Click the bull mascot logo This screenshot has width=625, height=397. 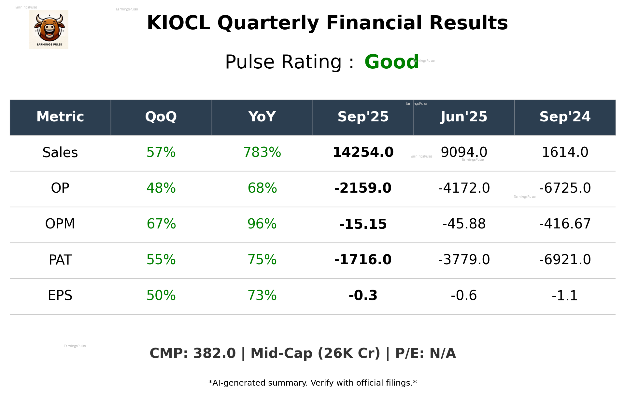49,29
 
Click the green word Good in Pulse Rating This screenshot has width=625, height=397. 391,62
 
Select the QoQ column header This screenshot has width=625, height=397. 161,117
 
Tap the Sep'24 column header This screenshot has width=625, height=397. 565,117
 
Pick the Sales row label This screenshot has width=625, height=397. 60,153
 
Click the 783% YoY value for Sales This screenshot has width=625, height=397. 262,153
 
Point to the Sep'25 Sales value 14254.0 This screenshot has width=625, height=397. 363,153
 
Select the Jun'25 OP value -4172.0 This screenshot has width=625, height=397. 464,188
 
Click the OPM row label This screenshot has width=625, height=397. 60,224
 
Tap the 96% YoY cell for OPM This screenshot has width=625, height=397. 262,224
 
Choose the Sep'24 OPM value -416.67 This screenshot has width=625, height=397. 565,224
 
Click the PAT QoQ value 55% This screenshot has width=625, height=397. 161,260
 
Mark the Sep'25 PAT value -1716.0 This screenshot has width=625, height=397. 363,260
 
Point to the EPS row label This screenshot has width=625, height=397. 60,296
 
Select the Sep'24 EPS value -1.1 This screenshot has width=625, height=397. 565,296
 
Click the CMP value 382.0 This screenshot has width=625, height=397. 214,354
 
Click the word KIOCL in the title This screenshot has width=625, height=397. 178,23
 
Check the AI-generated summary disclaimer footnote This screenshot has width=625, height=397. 312,383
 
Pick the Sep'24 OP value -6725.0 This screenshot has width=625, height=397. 565,188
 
